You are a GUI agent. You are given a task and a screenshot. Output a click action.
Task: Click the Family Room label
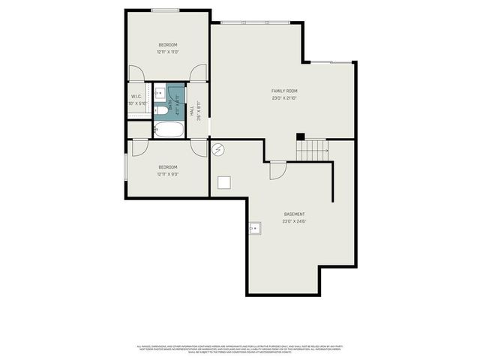(284, 91)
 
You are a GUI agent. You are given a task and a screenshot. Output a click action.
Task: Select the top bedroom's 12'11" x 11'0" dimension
(167, 52)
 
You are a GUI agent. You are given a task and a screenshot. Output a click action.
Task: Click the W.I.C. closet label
(136, 97)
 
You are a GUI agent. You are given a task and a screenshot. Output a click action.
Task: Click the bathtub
(169, 130)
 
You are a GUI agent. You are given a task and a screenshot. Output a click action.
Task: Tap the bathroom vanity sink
(160, 93)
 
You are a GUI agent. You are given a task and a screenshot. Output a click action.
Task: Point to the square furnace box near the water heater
(223, 181)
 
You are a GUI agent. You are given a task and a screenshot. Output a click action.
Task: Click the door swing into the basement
(277, 170)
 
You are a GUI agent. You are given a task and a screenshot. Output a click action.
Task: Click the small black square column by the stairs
(300, 136)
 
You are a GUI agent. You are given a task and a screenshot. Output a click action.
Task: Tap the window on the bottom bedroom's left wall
(125, 166)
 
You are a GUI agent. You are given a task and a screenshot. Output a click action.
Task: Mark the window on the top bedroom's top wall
(164, 10)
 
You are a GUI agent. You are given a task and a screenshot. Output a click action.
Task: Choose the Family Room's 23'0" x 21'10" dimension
(284, 98)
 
